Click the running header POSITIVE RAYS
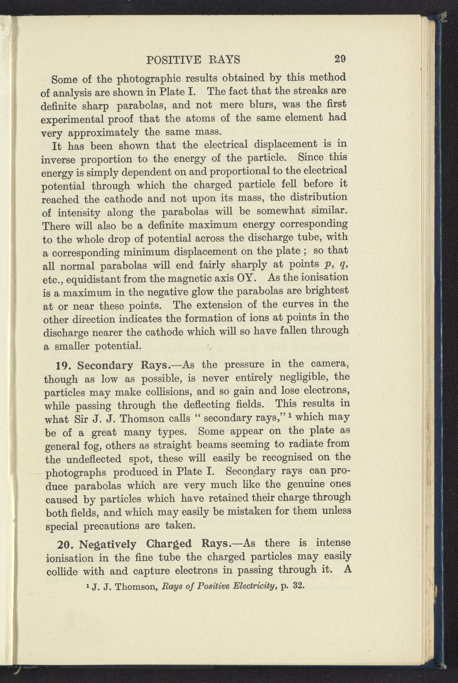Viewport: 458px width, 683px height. coord(194,60)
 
